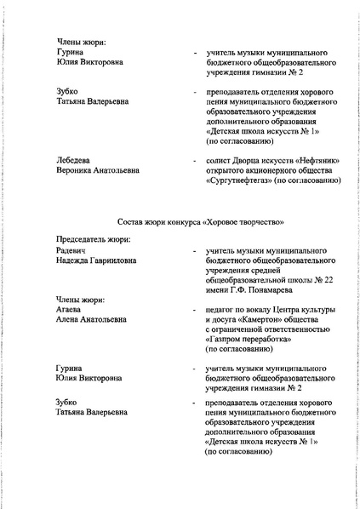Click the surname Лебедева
pyautogui.click(x=74, y=159)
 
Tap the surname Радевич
pyautogui.click(x=72, y=252)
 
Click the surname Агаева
pyautogui.click(x=70, y=310)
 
